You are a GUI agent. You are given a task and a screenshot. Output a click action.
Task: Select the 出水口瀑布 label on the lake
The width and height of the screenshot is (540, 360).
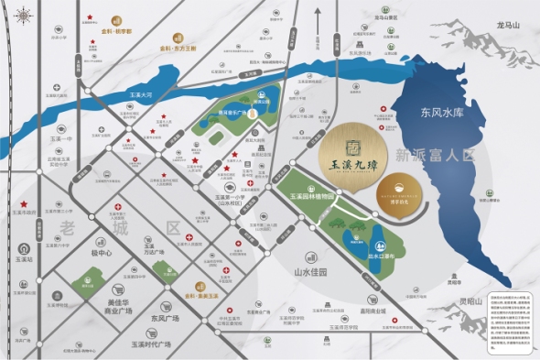tap(380, 254)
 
